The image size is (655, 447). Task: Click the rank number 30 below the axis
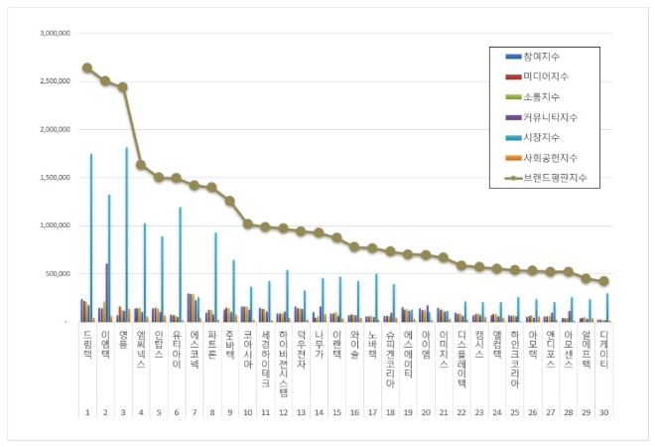[x=603, y=411]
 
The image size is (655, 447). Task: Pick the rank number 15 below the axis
[x=336, y=411]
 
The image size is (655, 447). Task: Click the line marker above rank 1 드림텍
[x=87, y=68]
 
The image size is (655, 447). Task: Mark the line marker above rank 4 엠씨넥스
[x=141, y=165]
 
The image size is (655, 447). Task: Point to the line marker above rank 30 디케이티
[x=603, y=281]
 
